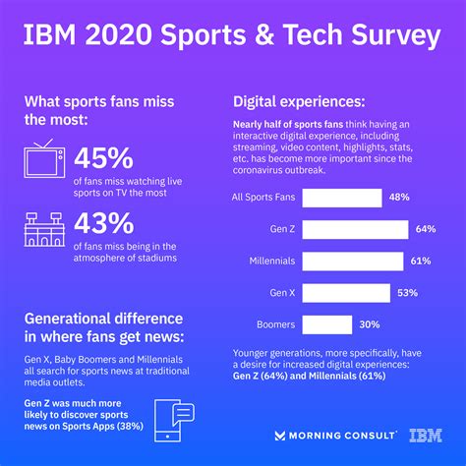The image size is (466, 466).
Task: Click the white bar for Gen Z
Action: pos(355,229)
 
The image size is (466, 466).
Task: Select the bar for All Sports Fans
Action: pos(340,198)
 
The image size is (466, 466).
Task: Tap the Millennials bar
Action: pos(352,261)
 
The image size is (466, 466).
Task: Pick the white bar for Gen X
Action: pos(344,292)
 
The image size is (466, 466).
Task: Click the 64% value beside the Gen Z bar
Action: pos(425,229)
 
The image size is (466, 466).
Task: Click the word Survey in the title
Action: pos(386,36)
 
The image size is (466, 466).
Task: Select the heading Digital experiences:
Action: pos(300,101)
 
